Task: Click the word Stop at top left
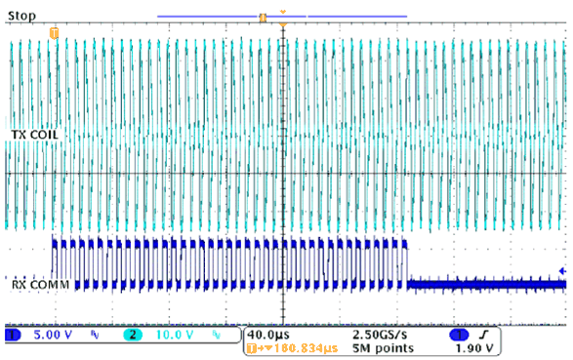coord(21,17)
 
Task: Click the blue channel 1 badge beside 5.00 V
coord(14,335)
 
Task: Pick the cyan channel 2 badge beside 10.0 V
coord(129,335)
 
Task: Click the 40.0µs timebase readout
coord(267,334)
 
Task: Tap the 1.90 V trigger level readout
coord(473,347)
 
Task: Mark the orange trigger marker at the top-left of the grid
coord(54,33)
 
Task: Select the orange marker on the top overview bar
coord(262,17)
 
